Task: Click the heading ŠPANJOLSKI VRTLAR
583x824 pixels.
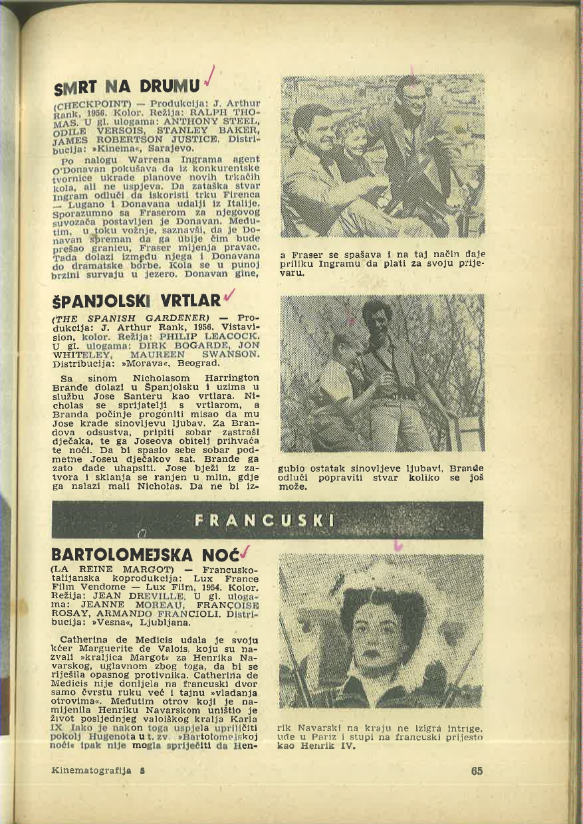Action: (x=137, y=302)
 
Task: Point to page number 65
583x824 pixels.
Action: (x=476, y=772)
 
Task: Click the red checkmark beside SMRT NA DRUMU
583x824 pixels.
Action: (x=210, y=77)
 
